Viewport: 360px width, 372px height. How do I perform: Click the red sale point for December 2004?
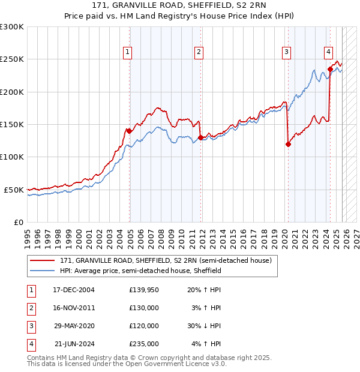[129, 131]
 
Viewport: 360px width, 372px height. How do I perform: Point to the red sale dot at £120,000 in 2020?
[288, 144]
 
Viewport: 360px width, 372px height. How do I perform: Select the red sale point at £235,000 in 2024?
[330, 69]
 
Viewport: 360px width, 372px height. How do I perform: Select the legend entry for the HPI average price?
[140, 271]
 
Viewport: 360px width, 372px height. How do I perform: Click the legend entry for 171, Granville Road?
[166, 260]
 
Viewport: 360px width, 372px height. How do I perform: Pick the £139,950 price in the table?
[144, 290]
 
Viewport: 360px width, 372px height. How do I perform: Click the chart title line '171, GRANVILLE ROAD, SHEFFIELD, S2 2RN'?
[180, 5]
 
